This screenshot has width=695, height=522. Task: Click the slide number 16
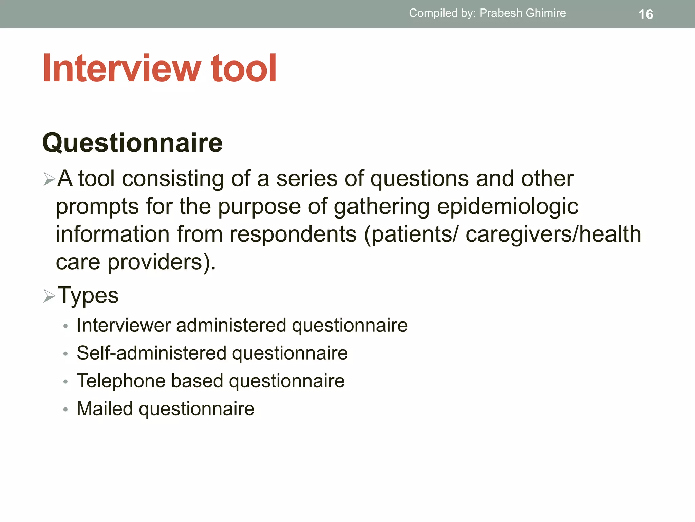[x=645, y=15]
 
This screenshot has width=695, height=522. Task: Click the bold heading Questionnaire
[x=132, y=143]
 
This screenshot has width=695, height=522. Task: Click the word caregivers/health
[x=553, y=234]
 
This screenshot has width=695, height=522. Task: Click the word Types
[x=88, y=295]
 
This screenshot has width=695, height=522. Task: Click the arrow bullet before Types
[x=49, y=295]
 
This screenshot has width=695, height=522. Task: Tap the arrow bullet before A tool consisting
[x=49, y=179]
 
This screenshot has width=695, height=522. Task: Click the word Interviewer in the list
[x=124, y=325]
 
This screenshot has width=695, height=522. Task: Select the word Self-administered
[x=151, y=353]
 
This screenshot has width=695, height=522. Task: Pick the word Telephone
[x=121, y=381]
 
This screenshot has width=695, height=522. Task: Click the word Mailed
[x=105, y=408]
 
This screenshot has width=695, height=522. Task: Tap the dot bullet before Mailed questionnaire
[x=65, y=410]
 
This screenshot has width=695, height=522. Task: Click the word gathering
[x=381, y=206]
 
